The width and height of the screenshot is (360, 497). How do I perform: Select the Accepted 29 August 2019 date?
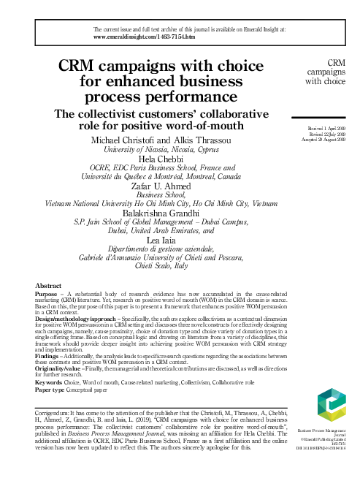click(x=326, y=139)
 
